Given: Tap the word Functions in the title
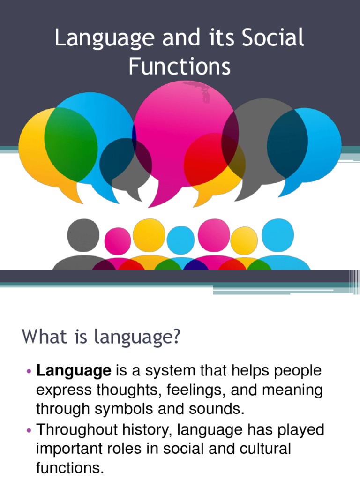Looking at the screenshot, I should click(x=180, y=67).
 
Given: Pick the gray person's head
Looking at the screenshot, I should click(x=83, y=235).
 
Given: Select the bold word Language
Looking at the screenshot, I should click(x=74, y=371).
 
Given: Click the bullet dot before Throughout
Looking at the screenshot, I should click(x=29, y=430).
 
